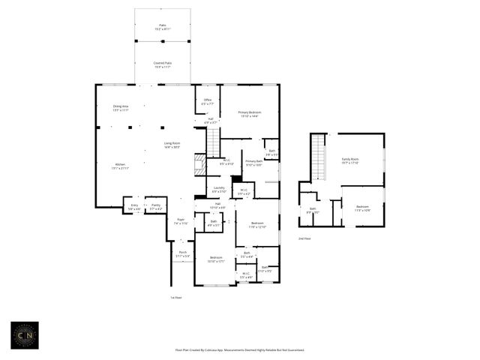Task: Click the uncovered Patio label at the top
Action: pyautogui.click(x=163, y=26)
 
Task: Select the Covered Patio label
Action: pyautogui.click(x=163, y=65)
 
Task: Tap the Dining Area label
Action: pyautogui.click(x=121, y=108)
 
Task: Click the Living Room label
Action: pyautogui.click(x=172, y=144)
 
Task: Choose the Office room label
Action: pyautogui.click(x=208, y=101)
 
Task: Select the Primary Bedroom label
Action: pyautogui.click(x=250, y=114)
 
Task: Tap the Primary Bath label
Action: pyautogui.click(x=253, y=163)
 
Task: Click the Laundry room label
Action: pyautogui.click(x=219, y=189)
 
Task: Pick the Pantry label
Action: pyautogui.click(x=156, y=206)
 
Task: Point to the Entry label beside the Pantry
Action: pyautogui.click(x=134, y=206)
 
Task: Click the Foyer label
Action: pyautogui.click(x=181, y=221)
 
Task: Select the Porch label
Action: pyautogui.click(x=183, y=254)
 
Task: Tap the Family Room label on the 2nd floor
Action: pyautogui.click(x=350, y=160)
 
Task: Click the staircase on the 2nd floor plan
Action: pyautogui.click(x=320, y=158)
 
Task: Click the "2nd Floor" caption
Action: pyautogui.click(x=304, y=238)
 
